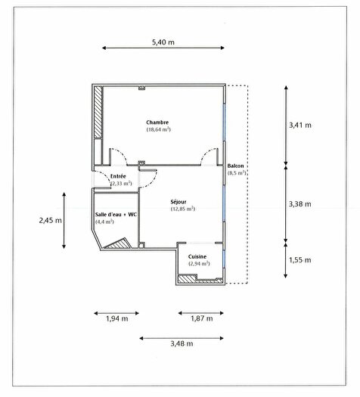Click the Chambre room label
157,123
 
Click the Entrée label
119,176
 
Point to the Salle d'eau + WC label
116,215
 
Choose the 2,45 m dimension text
50,221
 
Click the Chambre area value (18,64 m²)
157,130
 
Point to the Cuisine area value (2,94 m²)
200,264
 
